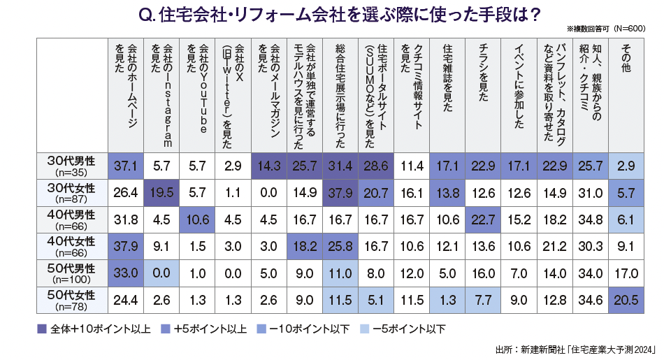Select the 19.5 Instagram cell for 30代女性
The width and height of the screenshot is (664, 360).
point(161,192)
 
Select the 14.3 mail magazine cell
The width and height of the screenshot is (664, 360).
point(268,166)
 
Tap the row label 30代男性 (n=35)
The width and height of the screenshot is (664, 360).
point(71,166)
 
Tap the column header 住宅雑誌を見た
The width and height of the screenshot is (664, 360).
point(447,77)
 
